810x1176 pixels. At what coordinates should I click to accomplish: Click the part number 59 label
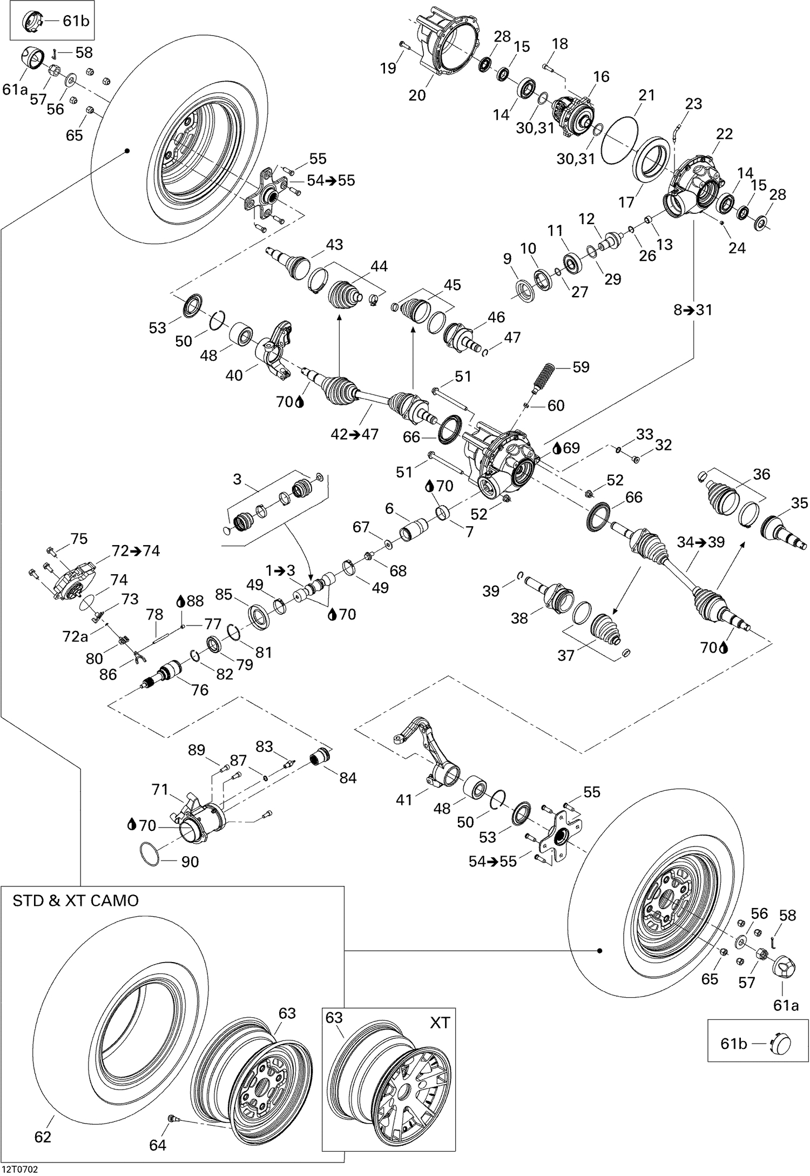[580, 367]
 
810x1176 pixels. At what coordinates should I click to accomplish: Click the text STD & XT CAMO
[76, 901]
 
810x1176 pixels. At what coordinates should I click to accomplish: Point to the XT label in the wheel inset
[440, 1023]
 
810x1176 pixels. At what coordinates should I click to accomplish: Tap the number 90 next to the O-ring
[190, 862]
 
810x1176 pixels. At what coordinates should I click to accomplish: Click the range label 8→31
[693, 310]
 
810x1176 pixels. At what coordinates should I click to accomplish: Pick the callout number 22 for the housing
[724, 133]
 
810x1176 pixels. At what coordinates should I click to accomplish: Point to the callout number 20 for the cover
[417, 95]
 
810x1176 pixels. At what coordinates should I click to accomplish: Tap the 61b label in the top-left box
[76, 21]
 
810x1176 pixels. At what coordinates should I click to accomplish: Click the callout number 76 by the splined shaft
[199, 690]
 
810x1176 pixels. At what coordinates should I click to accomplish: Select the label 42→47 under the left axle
[354, 434]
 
